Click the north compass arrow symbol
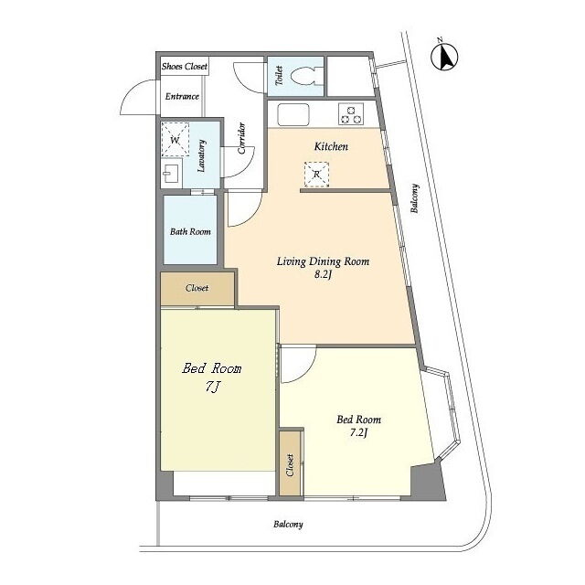[x=444, y=57]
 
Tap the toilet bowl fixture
[x=304, y=77]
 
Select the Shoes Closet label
[x=185, y=67]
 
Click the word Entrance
[x=182, y=96]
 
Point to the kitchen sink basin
[x=293, y=114]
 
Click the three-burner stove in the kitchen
[x=351, y=113]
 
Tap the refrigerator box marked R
[x=317, y=174]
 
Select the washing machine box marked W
[x=175, y=140]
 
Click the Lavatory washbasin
[x=172, y=173]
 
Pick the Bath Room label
[x=190, y=231]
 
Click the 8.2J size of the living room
[x=323, y=275]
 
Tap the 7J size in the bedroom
[x=211, y=387]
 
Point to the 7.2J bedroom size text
[x=358, y=432]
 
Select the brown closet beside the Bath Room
[x=197, y=289]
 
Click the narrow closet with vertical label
[x=291, y=463]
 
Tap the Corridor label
[x=241, y=138]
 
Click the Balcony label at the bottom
[x=288, y=524]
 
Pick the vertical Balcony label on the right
[x=414, y=198]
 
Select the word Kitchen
[x=331, y=146]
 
